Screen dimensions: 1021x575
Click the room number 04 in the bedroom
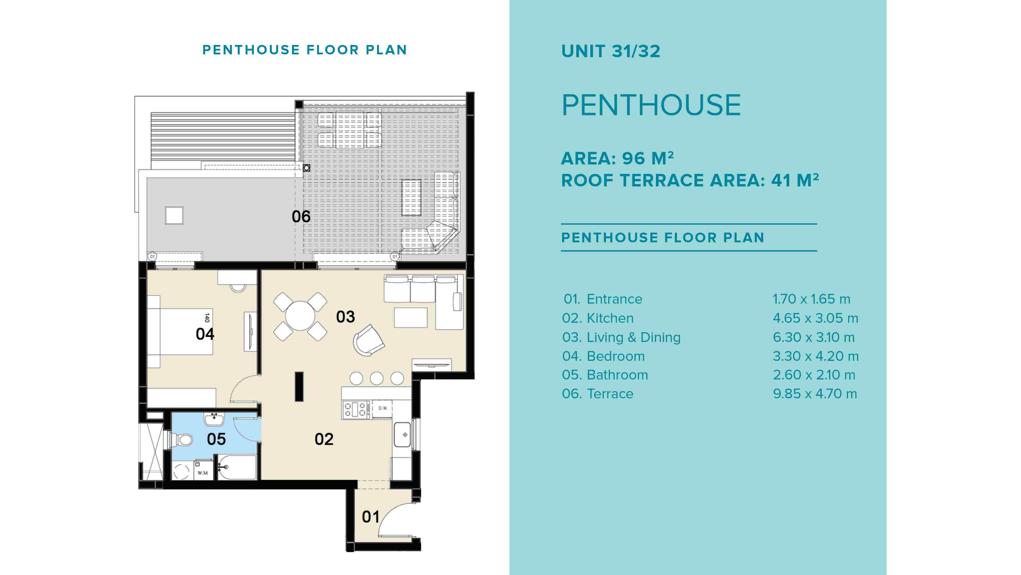coord(205,334)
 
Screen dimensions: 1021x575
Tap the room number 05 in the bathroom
coord(216,439)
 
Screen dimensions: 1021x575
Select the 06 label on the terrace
coord(301,217)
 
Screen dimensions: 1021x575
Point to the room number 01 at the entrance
coord(371,517)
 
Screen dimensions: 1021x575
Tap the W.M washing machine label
coord(202,473)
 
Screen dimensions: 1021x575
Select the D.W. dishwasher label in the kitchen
coord(383,408)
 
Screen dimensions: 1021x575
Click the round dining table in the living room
coord(300,316)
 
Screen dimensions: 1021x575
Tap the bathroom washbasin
coord(214,419)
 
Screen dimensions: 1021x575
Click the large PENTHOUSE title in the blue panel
coord(651,105)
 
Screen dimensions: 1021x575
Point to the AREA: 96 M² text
coord(617,158)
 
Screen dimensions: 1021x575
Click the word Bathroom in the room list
coord(617,375)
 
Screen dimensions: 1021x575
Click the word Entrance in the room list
coord(614,299)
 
